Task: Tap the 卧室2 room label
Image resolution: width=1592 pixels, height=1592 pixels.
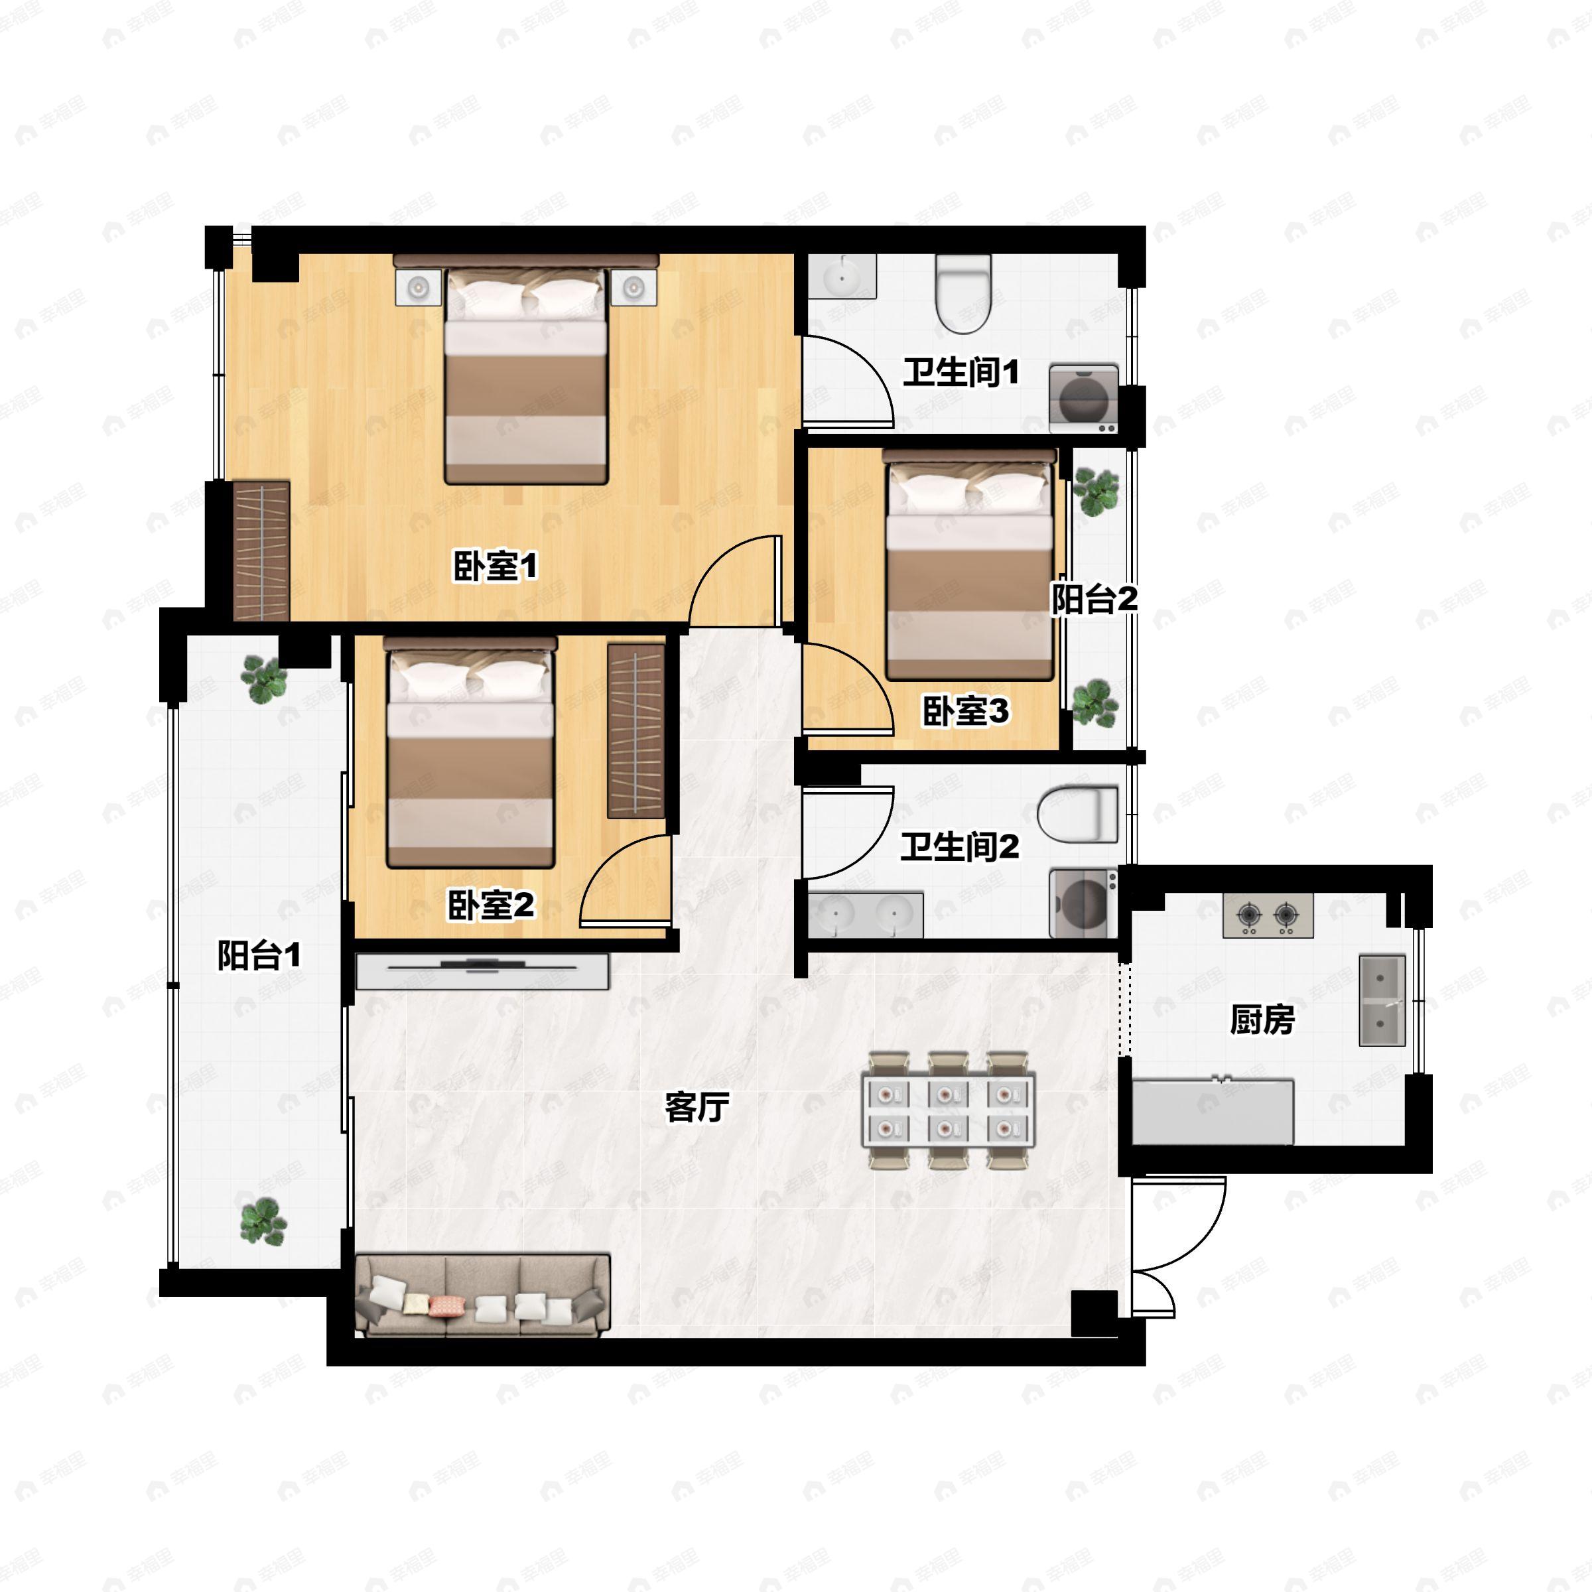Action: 490,905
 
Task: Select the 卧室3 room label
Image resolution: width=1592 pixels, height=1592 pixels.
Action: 965,710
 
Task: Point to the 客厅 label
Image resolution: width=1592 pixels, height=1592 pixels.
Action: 696,1106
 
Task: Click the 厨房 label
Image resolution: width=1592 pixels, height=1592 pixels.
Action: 1262,1020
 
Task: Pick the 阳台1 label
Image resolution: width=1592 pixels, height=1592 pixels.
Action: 259,955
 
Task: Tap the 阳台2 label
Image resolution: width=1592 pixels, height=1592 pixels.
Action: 1094,599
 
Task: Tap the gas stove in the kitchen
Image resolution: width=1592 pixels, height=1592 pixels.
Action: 1268,915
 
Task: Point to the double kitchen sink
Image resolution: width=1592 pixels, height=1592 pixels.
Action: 1382,1000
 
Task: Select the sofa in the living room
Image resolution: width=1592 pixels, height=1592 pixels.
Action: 483,1295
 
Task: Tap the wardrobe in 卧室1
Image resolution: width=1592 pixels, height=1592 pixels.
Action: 261,551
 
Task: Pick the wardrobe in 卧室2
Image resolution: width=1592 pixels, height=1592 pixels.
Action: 635,731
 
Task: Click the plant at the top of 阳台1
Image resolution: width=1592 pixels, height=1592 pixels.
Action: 264,679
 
